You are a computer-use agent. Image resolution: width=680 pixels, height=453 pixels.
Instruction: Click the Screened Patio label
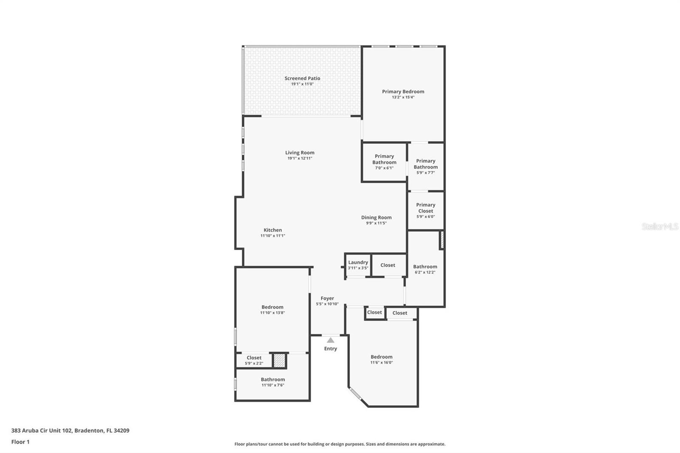click(302, 79)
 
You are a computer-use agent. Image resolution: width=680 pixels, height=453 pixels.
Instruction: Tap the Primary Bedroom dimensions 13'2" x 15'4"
click(403, 97)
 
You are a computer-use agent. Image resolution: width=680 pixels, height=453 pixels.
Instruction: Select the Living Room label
click(300, 153)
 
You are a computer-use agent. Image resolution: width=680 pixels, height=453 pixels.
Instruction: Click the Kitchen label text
click(272, 230)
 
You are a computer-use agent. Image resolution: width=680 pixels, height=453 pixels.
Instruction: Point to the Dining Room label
click(376, 218)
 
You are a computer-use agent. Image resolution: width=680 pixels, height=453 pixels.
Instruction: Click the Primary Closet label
click(425, 208)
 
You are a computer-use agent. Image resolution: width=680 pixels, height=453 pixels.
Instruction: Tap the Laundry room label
click(358, 263)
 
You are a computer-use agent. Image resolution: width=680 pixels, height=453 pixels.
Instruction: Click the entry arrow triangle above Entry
click(331, 340)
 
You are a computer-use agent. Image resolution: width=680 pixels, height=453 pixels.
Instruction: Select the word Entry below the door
click(331, 349)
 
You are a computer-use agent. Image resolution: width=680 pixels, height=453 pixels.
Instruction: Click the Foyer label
click(327, 299)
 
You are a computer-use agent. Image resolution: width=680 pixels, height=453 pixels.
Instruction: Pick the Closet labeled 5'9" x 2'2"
click(254, 358)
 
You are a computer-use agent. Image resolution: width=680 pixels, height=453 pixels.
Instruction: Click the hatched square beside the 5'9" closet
click(279, 361)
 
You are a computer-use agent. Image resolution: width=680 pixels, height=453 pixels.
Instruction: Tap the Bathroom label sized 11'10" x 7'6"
click(273, 380)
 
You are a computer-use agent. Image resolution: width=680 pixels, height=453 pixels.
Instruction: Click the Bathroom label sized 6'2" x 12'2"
click(425, 267)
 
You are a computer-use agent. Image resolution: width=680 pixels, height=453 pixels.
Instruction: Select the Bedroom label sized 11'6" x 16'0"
click(381, 357)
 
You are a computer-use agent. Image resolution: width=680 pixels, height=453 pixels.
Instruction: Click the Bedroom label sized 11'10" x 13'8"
click(272, 307)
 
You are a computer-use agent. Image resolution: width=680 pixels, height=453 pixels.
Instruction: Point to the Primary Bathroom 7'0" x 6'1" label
click(384, 159)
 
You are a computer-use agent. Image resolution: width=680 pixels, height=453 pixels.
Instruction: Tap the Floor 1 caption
click(20, 442)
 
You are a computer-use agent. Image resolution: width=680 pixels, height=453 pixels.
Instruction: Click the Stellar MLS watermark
click(660, 226)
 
